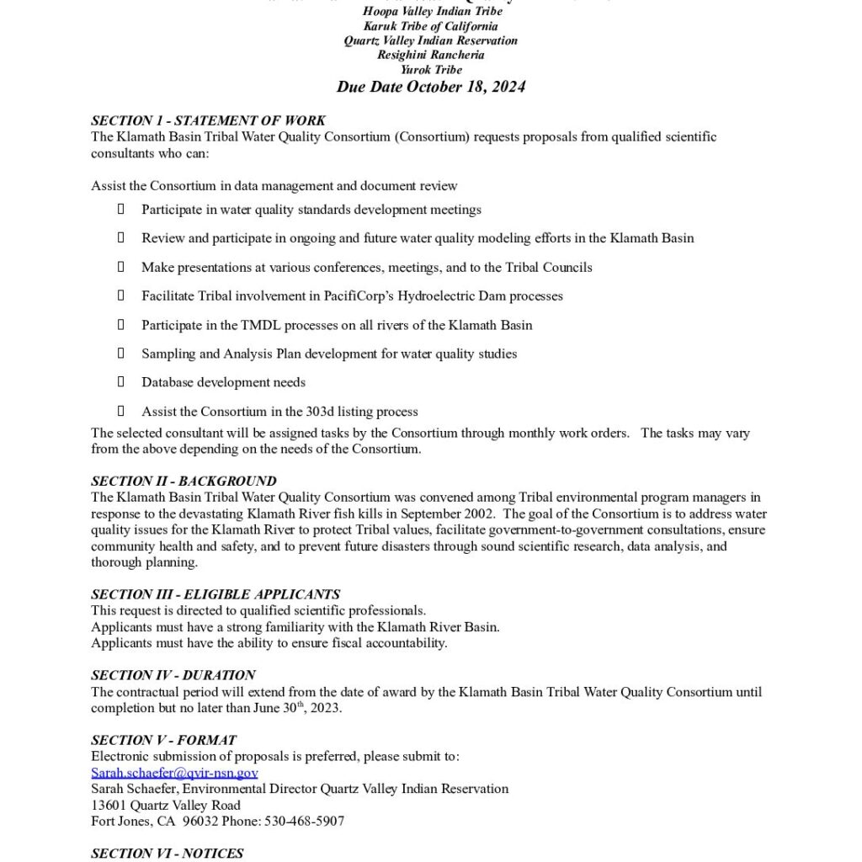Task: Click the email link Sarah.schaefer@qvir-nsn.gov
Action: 174,773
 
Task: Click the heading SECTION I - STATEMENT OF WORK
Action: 208,120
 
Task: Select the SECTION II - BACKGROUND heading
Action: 184,481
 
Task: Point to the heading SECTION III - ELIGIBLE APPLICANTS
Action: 215,594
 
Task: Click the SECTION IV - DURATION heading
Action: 173,675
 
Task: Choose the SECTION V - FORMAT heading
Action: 163,740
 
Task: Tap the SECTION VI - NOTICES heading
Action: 168,853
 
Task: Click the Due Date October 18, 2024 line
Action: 431,88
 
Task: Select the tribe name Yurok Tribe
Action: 431,70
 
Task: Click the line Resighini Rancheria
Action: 431,55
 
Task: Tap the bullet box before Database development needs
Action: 121,382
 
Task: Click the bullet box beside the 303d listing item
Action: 121,411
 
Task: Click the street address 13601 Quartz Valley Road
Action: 166,805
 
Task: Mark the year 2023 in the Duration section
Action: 324,708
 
